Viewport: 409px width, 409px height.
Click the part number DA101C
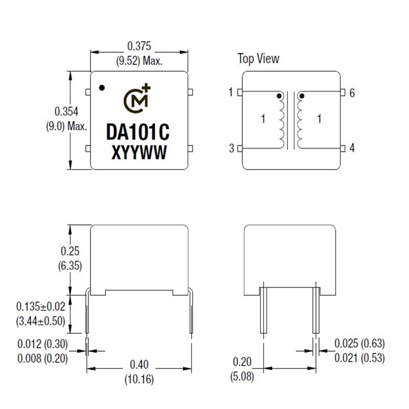click(x=138, y=132)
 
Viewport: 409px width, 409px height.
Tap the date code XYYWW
click(x=138, y=152)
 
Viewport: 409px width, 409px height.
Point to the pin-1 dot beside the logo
click(x=102, y=87)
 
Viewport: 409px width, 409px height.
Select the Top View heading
click(x=258, y=58)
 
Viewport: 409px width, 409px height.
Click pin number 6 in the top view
click(x=352, y=93)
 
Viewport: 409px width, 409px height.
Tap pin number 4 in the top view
click(x=352, y=148)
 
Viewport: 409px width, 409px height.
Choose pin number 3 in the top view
click(x=232, y=148)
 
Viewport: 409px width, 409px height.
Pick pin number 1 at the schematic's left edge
click(x=232, y=93)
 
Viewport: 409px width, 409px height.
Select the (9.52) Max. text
click(x=139, y=61)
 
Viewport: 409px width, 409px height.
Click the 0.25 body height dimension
click(x=71, y=251)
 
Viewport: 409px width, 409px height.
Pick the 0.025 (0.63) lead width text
click(x=359, y=343)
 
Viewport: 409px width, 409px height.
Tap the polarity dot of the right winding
click(x=301, y=96)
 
